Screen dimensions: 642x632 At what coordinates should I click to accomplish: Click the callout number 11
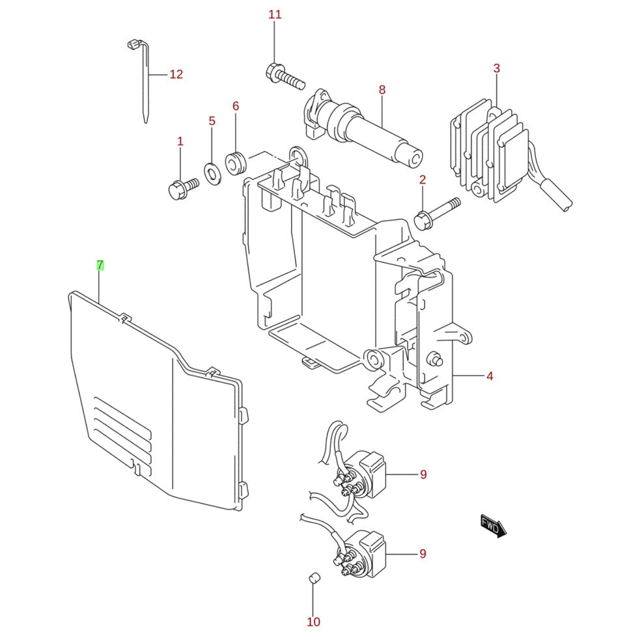(x=275, y=15)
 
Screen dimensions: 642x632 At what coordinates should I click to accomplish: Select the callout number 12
(x=176, y=74)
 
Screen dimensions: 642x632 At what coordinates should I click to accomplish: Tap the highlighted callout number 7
(x=100, y=266)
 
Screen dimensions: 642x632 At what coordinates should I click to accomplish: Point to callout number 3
(x=496, y=68)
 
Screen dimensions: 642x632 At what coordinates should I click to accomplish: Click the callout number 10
(x=313, y=622)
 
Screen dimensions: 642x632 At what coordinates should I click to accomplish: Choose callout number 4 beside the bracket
(x=490, y=376)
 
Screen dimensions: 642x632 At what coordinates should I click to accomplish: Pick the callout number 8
(x=382, y=90)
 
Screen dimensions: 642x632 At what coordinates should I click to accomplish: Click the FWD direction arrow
(x=494, y=526)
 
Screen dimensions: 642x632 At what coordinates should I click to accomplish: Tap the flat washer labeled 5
(x=212, y=173)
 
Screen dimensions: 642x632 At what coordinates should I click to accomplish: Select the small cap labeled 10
(x=314, y=578)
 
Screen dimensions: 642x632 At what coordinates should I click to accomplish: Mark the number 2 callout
(x=423, y=180)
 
